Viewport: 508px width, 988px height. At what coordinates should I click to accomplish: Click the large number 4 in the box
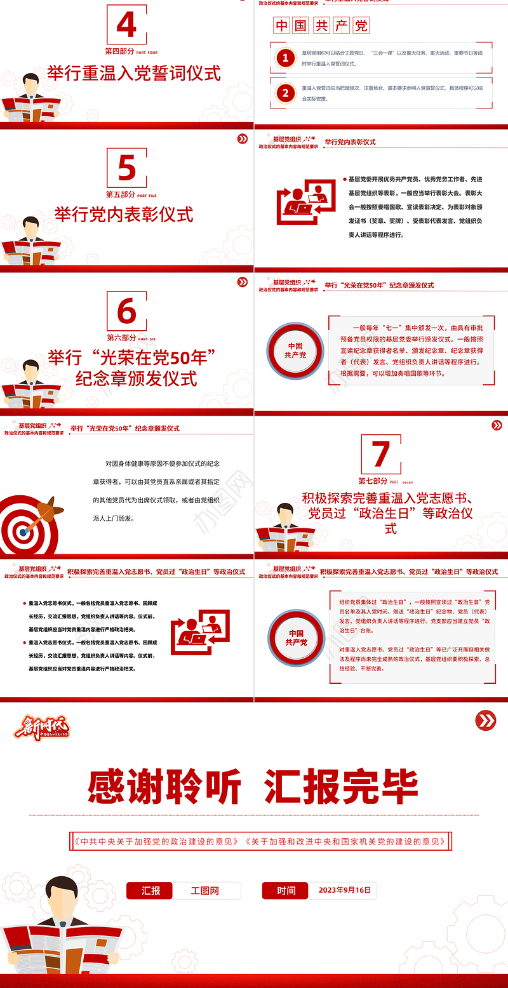(126, 25)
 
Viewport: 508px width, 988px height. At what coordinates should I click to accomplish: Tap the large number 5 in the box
(126, 168)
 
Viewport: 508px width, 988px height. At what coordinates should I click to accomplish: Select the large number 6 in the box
(126, 312)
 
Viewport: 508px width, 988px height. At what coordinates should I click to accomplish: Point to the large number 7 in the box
(380, 455)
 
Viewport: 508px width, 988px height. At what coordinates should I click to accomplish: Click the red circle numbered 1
(286, 58)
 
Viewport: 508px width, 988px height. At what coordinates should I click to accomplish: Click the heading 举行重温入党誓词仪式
(134, 73)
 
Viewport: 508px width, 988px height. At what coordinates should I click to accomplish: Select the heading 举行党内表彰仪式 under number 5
(124, 214)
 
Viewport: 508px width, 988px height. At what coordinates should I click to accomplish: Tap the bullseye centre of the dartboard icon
(24, 531)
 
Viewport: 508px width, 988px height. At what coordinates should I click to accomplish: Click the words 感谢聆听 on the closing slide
(164, 787)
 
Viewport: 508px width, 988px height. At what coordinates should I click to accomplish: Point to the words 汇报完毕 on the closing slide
(341, 787)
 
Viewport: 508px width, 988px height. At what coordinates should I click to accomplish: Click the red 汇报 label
(150, 891)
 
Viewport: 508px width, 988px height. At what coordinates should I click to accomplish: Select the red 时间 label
(286, 891)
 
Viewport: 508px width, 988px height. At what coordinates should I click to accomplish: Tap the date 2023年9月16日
(344, 890)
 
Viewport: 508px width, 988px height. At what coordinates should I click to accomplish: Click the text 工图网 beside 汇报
(205, 891)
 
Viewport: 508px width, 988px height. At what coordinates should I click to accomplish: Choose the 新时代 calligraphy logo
(42, 728)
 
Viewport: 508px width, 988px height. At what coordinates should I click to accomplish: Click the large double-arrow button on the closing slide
(486, 720)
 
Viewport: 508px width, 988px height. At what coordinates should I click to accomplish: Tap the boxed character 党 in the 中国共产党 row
(361, 25)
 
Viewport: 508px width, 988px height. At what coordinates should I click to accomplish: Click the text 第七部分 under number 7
(373, 481)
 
